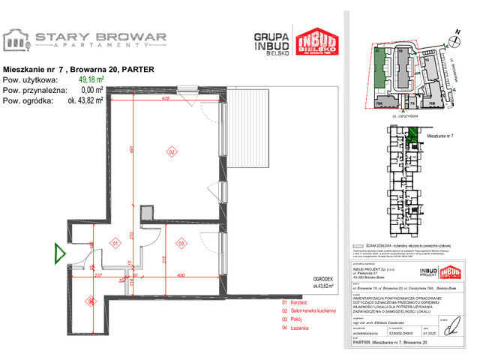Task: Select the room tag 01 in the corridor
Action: [115, 244]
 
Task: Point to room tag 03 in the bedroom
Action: [181, 244]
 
